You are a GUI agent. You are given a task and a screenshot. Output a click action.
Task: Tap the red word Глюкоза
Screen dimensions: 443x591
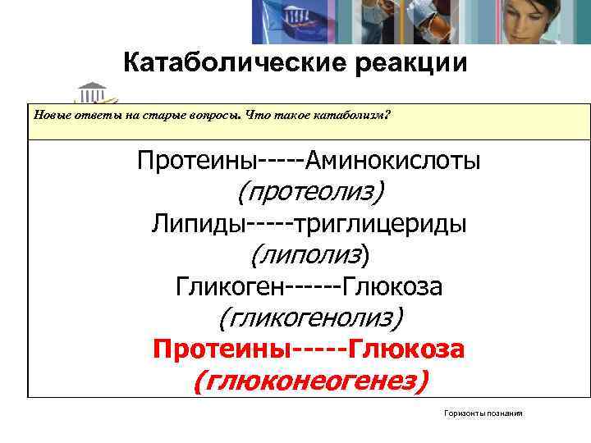coord(408,349)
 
